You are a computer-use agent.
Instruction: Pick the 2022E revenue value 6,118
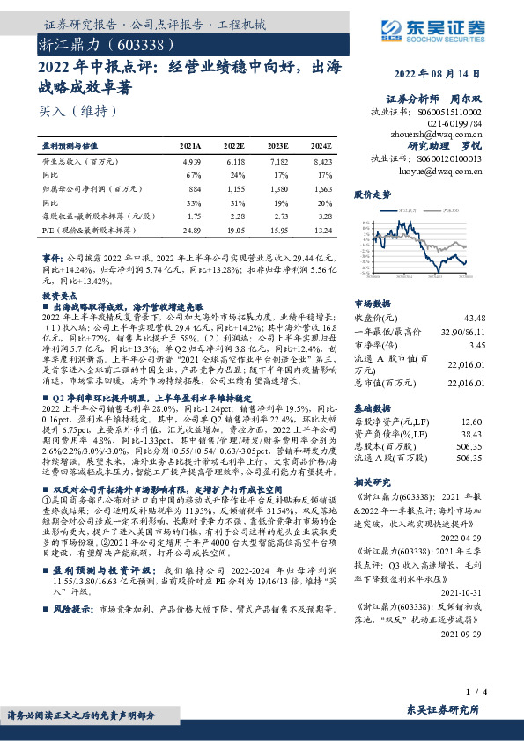pyautogui.click(x=234, y=163)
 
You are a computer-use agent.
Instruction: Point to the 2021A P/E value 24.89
pyautogui.click(x=189, y=230)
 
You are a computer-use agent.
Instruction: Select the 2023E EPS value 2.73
pyautogui.click(x=279, y=216)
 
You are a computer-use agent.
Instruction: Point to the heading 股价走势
pyautogui.click(x=372, y=193)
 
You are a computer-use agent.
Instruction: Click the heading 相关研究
pyautogui.click(x=372, y=484)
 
